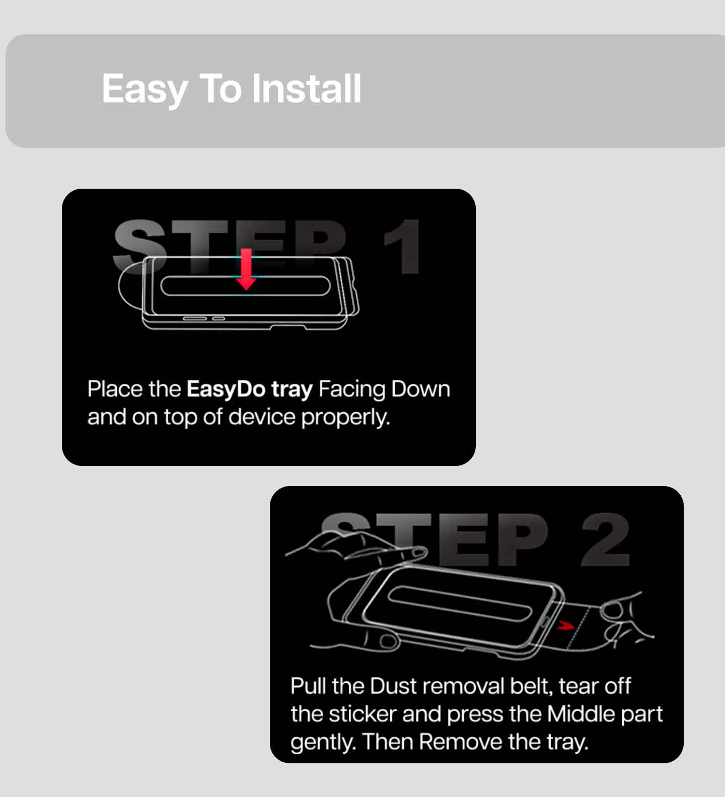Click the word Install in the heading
[306, 89]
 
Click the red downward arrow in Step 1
[246, 269]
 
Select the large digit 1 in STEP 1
[403, 246]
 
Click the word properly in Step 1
[345, 418]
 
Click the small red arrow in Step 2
[566, 626]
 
